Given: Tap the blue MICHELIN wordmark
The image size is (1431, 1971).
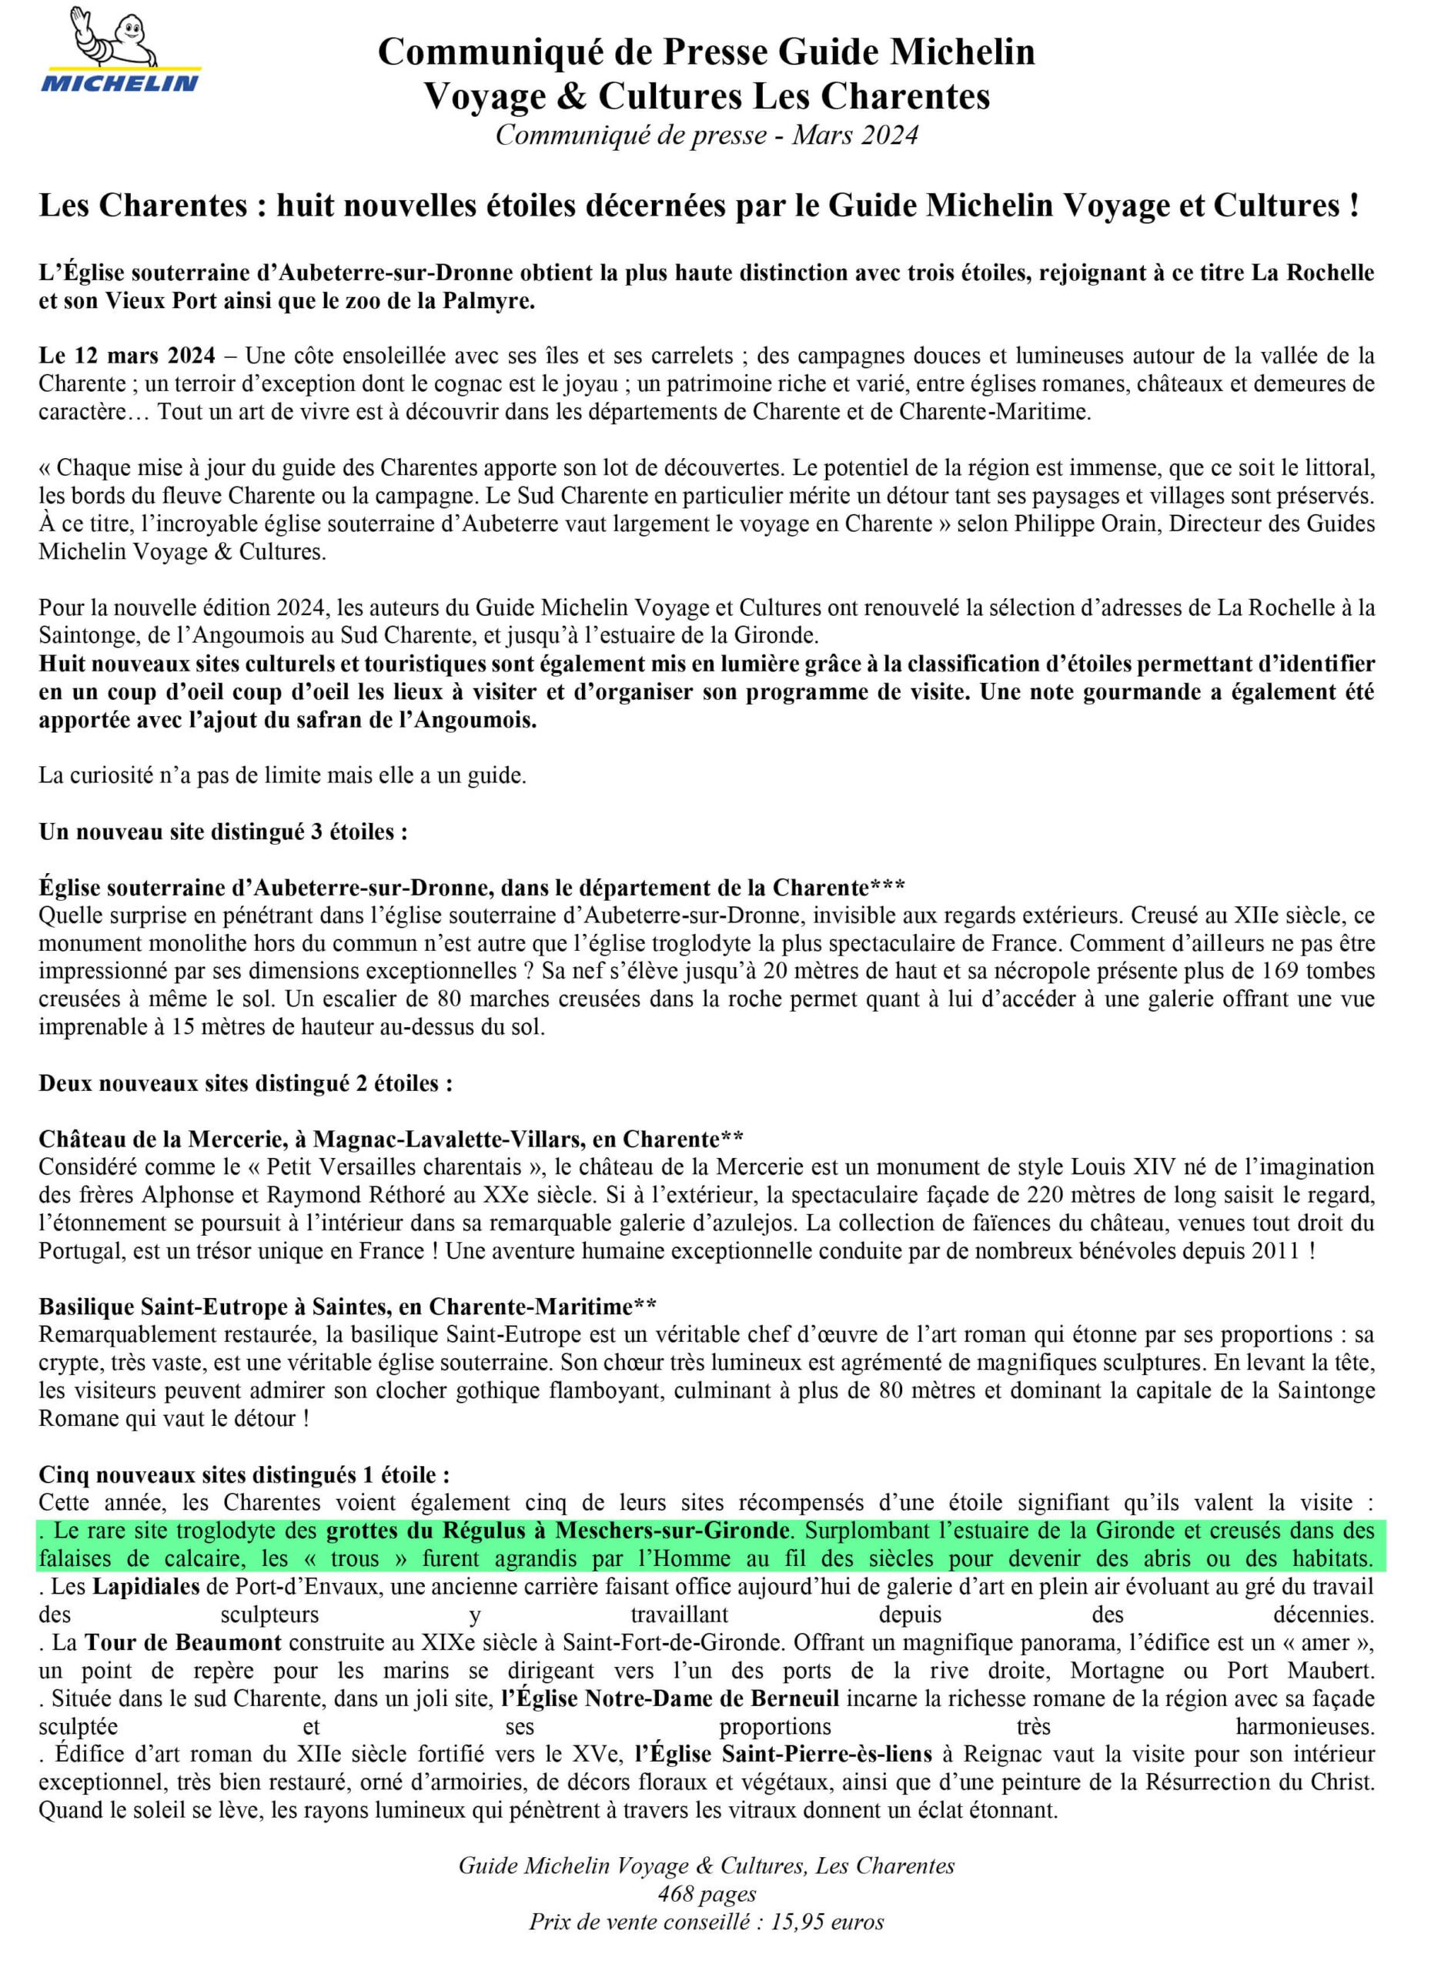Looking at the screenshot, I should coord(121,83).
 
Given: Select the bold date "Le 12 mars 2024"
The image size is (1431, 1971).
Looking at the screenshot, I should coord(127,356).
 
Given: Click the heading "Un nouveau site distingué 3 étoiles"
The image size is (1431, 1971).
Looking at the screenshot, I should coord(223,832).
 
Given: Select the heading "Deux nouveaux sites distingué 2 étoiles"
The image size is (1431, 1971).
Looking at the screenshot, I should coord(245,1084).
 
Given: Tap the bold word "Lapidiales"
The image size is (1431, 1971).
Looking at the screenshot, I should coord(146,1586).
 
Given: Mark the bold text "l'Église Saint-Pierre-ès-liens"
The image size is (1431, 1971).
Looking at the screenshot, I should coord(783,1754).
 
